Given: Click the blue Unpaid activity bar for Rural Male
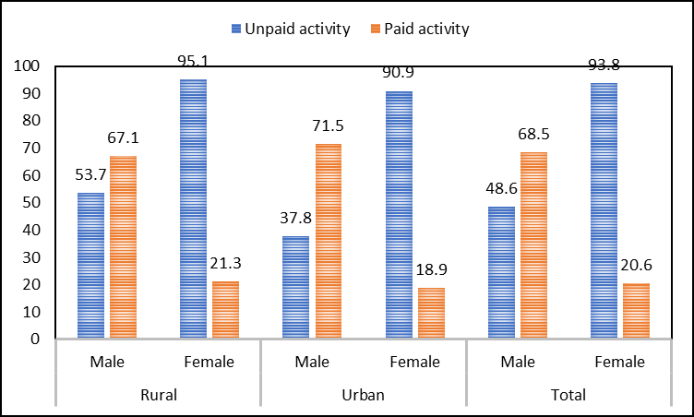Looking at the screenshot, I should pyautogui.click(x=90, y=266).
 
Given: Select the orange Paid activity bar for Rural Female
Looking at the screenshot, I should pyautogui.click(x=225, y=310).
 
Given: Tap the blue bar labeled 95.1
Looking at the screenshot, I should pyautogui.click(x=193, y=209).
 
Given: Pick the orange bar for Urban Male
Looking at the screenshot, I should pyautogui.click(x=328, y=242).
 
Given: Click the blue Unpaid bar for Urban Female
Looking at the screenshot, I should pyautogui.click(x=399, y=215).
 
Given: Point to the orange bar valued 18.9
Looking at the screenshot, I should pyautogui.click(x=431, y=314).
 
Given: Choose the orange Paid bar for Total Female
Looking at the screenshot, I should pyautogui.click(x=636, y=311).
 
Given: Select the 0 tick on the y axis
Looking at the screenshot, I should pyautogui.click(x=35, y=339).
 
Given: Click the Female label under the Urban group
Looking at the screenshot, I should pyautogui.click(x=414, y=362).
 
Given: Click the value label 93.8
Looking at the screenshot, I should pyautogui.click(x=604, y=64).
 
